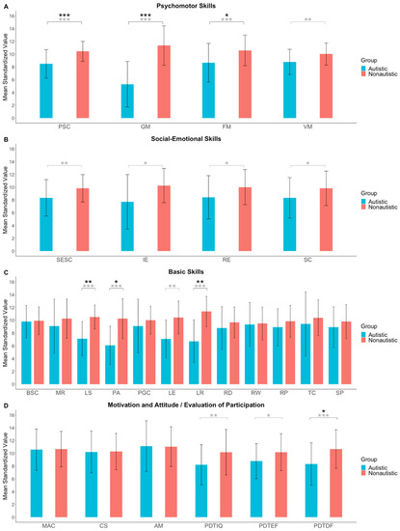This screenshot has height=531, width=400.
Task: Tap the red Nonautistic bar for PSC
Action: pyautogui.click(x=82, y=85)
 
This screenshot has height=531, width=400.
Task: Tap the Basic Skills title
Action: pyautogui.click(x=192, y=271)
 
